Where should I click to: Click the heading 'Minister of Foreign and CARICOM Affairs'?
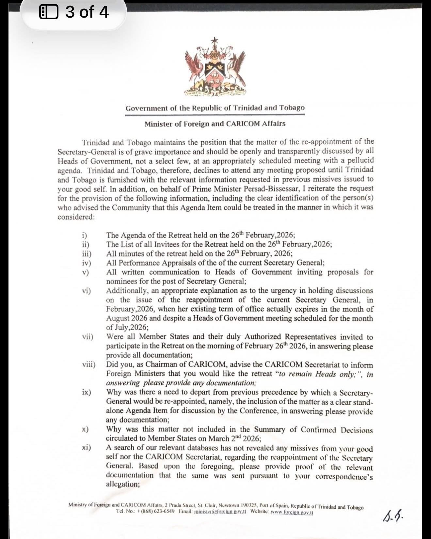(x=215, y=124)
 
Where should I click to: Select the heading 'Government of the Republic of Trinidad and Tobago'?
(x=215, y=108)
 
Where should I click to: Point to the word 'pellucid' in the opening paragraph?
(x=359, y=161)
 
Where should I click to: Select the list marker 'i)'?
(x=84, y=235)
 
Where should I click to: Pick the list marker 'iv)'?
(x=86, y=263)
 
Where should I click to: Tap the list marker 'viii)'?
(x=88, y=364)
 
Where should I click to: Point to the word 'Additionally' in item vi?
(x=127, y=290)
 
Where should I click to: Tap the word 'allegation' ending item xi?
(x=122, y=484)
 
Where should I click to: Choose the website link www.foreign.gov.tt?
(x=292, y=513)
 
